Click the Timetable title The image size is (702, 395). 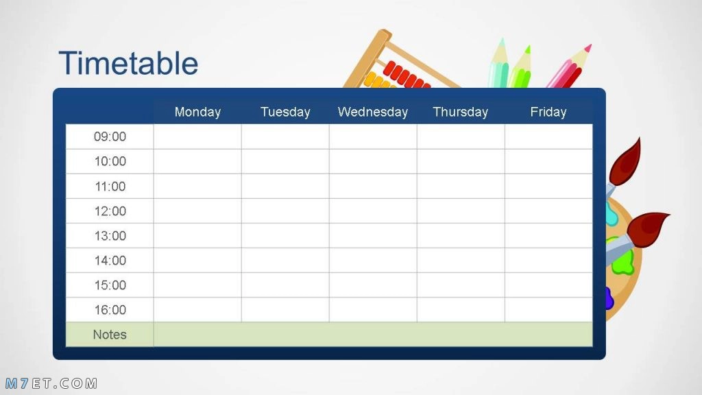[x=128, y=63]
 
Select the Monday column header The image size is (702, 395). [x=197, y=112]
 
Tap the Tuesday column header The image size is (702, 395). [x=285, y=112]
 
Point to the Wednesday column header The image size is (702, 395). [x=372, y=112]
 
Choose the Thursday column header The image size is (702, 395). [x=460, y=112]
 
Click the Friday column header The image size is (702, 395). [x=548, y=112]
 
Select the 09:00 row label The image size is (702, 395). [x=110, y=136]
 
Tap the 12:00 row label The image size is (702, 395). [x=110, y=211]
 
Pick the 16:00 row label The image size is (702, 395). [x=110, y=309]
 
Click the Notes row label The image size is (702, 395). [x=110, y=335]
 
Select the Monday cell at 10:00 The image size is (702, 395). [x=197, y=161]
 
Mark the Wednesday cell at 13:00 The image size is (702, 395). [x=373, y=236]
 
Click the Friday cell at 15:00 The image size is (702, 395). [x=548, y=285]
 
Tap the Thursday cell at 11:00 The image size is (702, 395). [x=461, y=187]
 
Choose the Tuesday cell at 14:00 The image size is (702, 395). [x=285, y=260]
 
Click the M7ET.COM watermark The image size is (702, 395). [x=51, y=383]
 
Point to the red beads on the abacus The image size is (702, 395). [x=406, y=75]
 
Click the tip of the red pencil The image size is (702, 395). [x=588, y=47]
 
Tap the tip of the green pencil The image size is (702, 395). [x=529, y=49]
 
